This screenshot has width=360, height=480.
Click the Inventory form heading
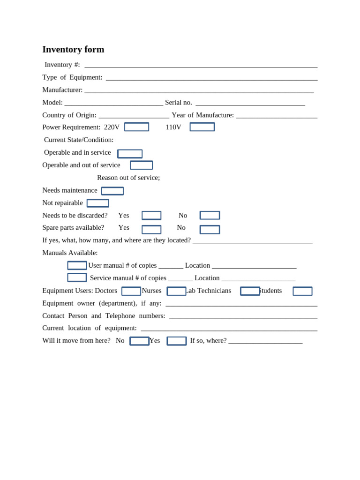[73, 49]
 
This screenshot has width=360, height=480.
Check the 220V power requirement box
[136, 127]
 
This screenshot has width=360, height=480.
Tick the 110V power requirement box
[202, 127]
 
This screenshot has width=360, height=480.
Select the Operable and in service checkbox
[130, 154]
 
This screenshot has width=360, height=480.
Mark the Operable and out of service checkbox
[141, 165]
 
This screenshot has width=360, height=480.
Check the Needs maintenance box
[112, 191]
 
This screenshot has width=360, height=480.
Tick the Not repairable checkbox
[98, 203]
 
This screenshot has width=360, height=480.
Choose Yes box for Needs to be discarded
[151, 216]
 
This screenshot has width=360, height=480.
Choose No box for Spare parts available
[210, 230]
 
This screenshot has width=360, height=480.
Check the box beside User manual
[77, 265]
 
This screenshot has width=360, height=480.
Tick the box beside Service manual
[77, 277]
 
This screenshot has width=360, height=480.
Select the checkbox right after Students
[302, 291]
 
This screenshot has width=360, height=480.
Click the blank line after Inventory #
[201, 65]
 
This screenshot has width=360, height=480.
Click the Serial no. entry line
[250, 103]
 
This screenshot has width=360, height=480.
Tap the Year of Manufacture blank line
[277, 115]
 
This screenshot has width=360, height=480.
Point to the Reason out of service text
[128, 178]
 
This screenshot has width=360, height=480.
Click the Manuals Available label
[70, 253]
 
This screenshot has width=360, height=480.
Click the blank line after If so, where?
[265, 341]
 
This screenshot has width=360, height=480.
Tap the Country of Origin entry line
[134, 115]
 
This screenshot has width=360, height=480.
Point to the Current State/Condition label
[79, 140]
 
